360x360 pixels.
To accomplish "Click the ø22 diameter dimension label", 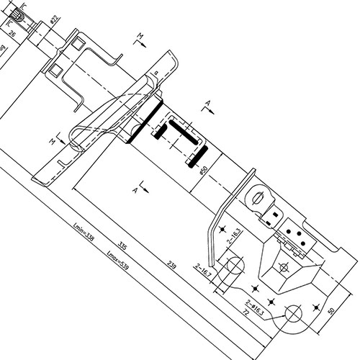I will pyautogui.click(x=54, y=21).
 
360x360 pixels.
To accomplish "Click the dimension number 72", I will pyautogui.click(x=245, y=315).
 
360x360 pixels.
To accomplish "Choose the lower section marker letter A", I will pyautogui.click(x=136, y=189).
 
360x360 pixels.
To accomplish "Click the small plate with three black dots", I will pyautogui.click(x=294, y=231).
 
